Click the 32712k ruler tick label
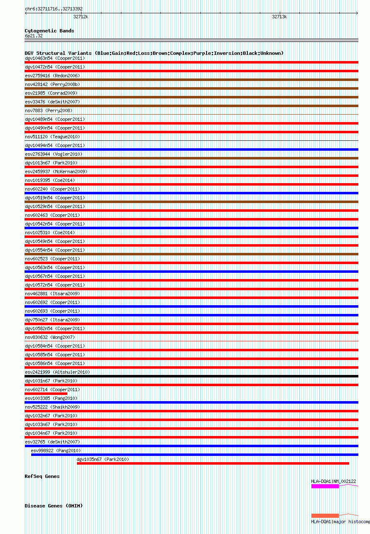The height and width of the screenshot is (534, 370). (81, 17)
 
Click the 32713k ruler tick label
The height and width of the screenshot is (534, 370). (279, 17)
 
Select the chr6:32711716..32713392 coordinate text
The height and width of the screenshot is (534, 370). (54, 9)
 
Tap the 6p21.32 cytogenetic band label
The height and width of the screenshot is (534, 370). (34, 36)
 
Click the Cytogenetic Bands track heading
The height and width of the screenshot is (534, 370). (49, 31)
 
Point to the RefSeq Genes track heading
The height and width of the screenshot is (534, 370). (42, 476)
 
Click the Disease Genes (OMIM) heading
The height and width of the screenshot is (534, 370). (54, 506)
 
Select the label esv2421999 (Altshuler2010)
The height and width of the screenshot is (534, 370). (57, 372)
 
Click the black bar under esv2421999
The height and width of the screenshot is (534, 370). (191, 376)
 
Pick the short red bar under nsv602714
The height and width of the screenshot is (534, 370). (46, 394)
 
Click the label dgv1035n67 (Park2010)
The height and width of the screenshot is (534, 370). (103, 459)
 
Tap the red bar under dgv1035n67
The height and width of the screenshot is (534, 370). (213, 463)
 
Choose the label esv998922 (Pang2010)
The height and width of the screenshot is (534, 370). (56, 451)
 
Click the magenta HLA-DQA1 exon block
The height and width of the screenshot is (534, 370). (325, 486)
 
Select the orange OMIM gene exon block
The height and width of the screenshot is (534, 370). (325, 516)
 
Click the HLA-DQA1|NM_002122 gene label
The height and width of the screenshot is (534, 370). (333, 481)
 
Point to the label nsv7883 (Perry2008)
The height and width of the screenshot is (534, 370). (49, 110)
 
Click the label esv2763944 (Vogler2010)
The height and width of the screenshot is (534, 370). (54, 154)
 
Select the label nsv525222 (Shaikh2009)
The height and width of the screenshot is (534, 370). (52, 407)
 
